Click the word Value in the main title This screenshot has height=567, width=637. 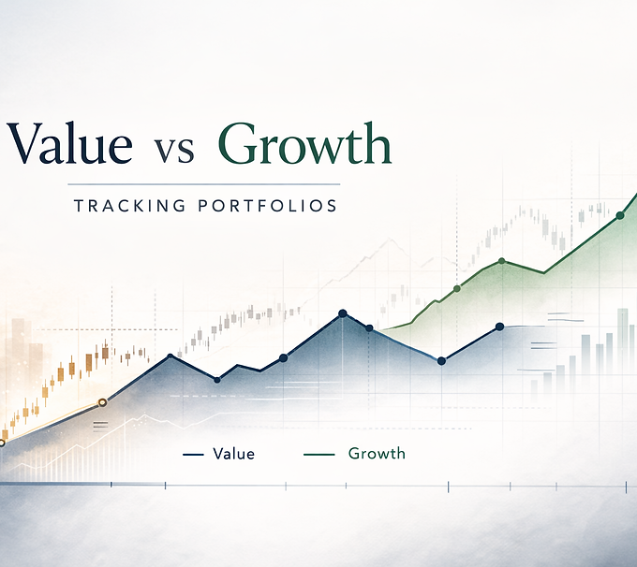[69, 143]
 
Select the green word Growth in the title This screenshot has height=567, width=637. [304, 143]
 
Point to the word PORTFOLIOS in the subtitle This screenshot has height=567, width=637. [268, 206]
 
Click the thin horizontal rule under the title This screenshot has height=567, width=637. [203, 184]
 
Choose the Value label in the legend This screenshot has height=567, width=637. [233, 454]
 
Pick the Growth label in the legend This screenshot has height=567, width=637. [377, 453]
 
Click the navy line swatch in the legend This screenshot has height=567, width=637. [193, 455]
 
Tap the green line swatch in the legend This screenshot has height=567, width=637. [318, 455]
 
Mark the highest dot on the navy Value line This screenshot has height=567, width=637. [343, 313]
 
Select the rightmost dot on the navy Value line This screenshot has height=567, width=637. [499, 327]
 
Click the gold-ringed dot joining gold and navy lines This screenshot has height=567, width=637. [102, 402]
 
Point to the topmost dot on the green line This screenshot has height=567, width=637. [620, 215]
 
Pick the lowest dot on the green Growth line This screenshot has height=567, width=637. [457, 288]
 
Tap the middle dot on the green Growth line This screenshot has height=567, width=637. [502, 261]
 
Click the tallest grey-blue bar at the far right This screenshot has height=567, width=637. [622, 341]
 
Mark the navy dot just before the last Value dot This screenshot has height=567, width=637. [441, 361]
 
